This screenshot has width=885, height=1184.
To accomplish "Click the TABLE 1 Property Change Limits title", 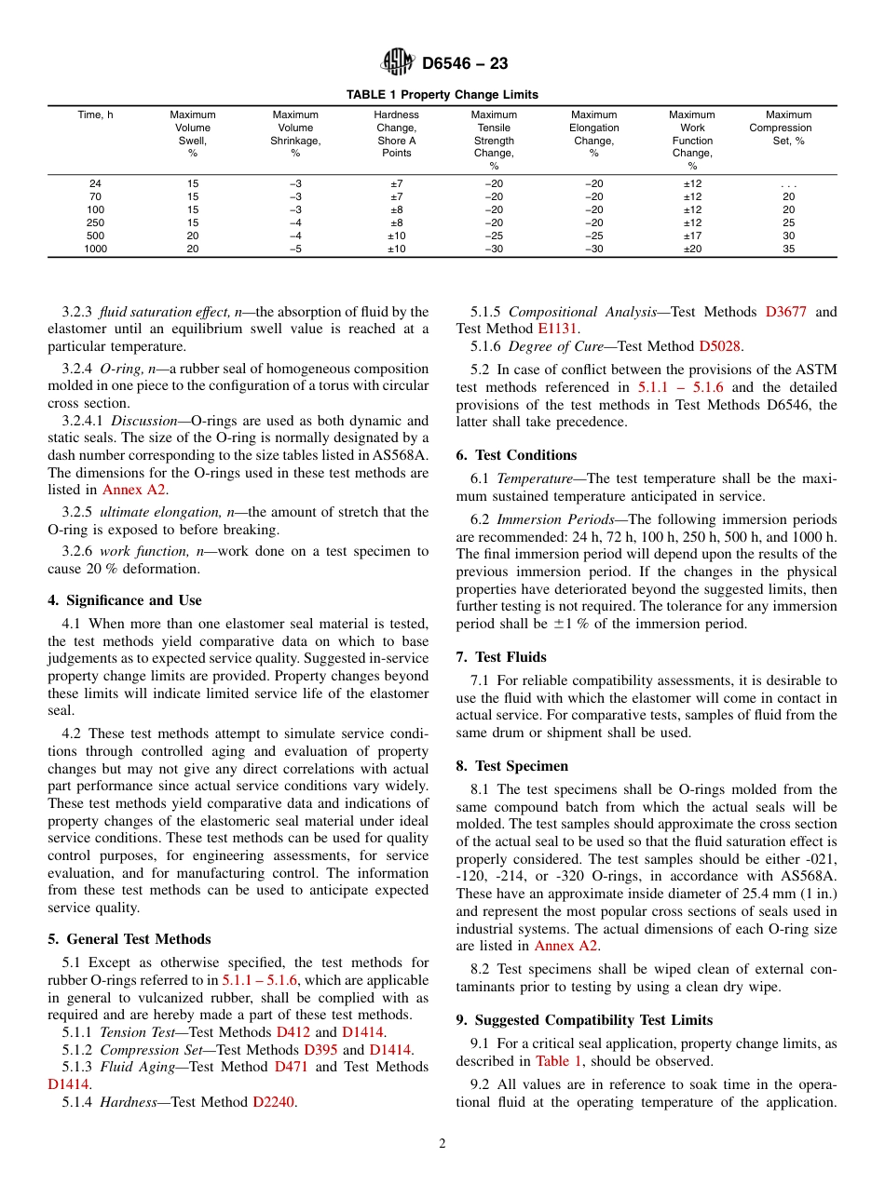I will tap(442, 95).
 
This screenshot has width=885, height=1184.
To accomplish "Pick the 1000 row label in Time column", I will tap(96, 249).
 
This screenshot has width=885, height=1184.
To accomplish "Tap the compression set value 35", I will tap(788, 249).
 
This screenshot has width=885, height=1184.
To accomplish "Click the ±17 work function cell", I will tap(692, 235).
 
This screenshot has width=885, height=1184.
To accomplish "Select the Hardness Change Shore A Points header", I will tap(396, 134).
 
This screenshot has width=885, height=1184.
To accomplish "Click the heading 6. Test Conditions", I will tap(516, 455).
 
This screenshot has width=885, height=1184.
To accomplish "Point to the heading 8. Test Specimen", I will tap(511, 766).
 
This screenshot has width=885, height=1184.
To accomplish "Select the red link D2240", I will tap(274, 1102).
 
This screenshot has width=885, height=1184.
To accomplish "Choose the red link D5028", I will tap(719, 346).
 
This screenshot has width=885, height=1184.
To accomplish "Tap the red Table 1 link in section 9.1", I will tap(559, 1061).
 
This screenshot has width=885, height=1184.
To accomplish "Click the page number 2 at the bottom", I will tap(442, 1145).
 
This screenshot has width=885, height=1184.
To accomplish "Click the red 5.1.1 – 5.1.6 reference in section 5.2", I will tap(681, 387).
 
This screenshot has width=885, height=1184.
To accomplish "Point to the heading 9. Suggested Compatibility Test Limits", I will tap(584, 1020).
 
